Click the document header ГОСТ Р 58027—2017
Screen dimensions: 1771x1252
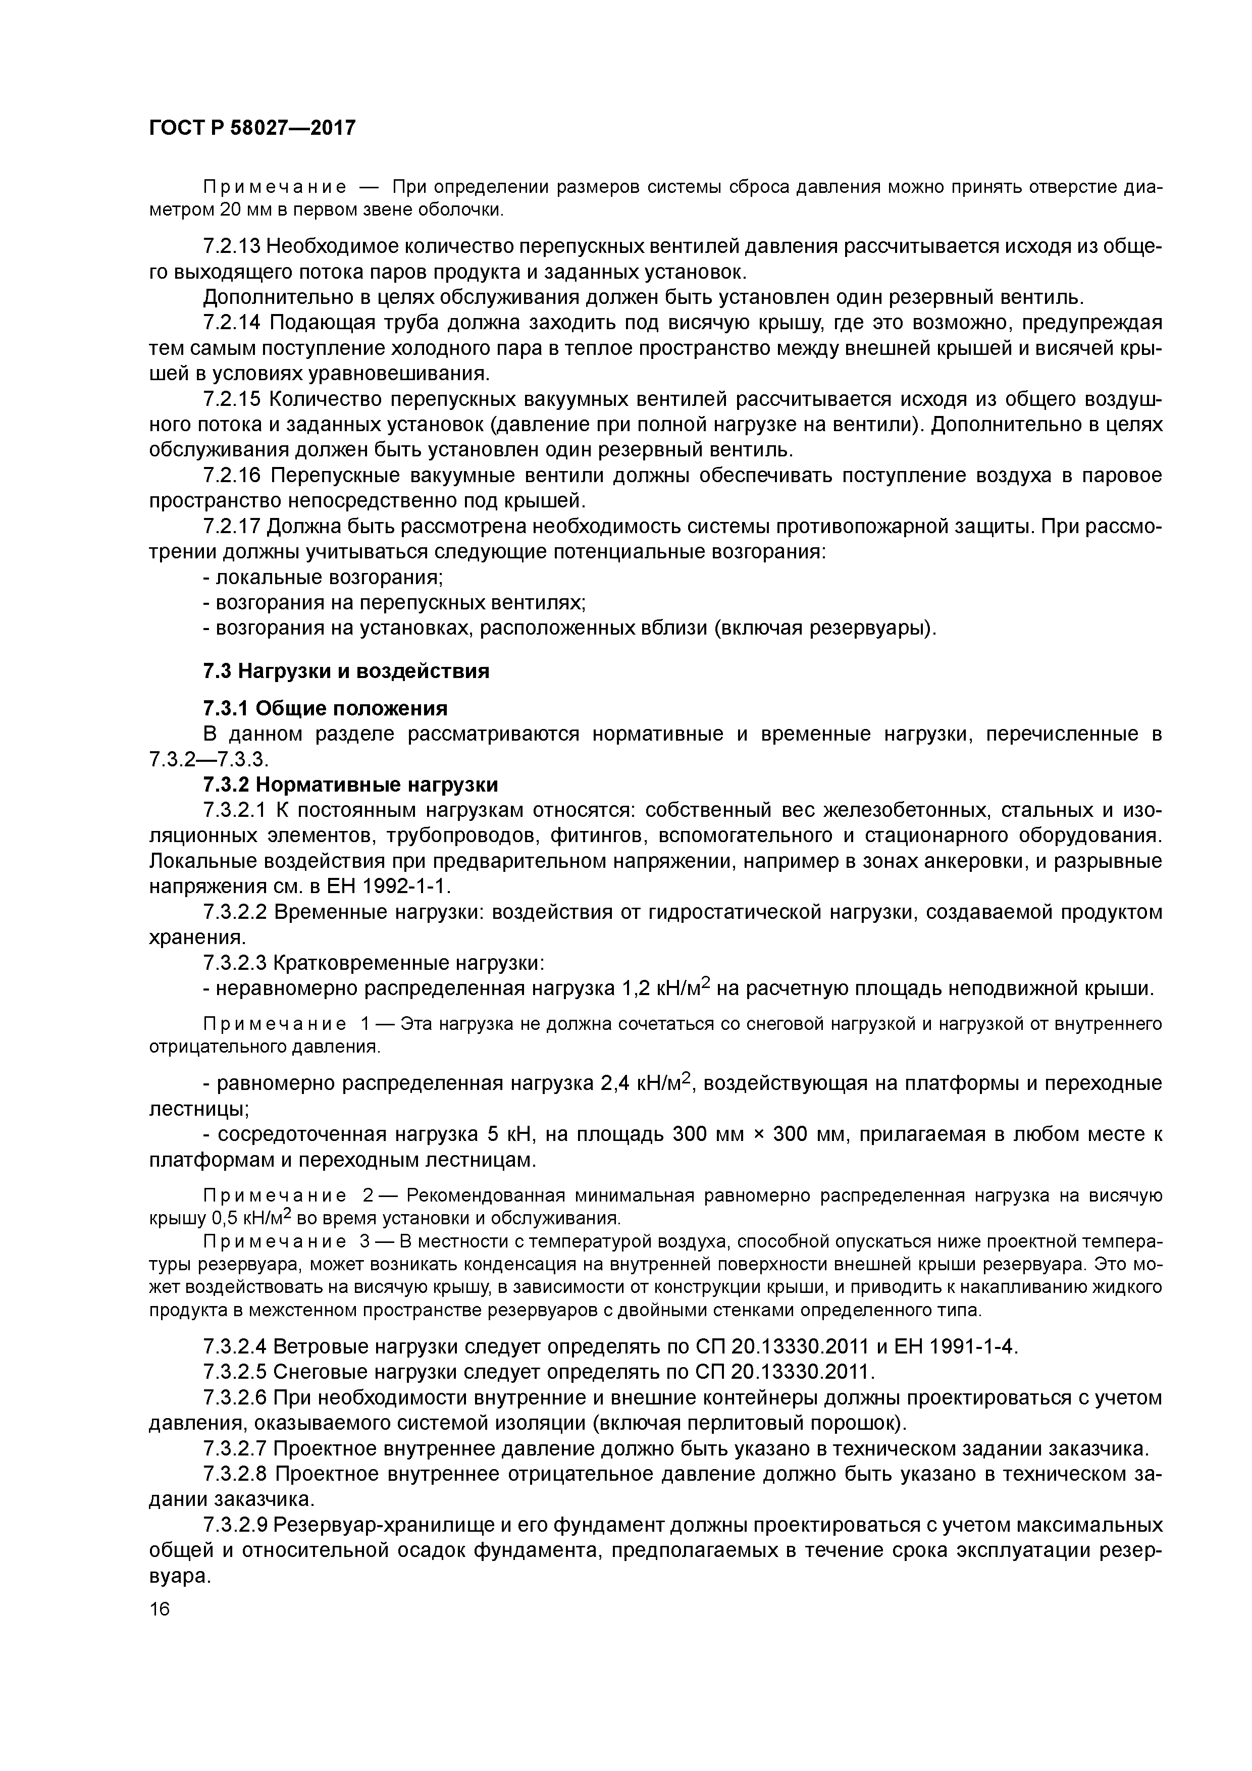click(x=252, y=127)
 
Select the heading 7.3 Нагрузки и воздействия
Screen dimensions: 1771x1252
click(x=346, y=671)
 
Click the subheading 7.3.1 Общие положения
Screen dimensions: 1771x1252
click(x=325, y=708)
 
